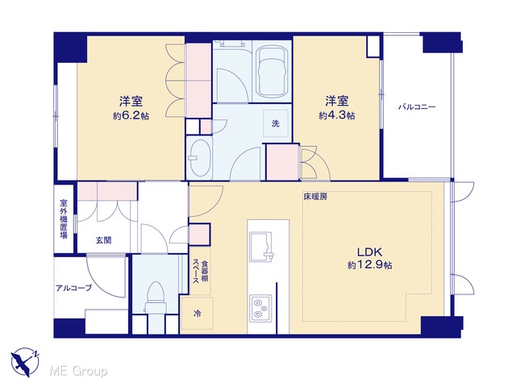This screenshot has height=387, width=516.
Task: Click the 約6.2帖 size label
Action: click(131, 116)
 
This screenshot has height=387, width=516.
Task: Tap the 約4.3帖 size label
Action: click(337, 116)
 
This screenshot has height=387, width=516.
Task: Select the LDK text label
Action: click(369, 252)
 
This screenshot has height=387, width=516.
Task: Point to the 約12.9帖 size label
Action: click(369, 265)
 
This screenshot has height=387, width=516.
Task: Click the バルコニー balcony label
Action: click(417, 107)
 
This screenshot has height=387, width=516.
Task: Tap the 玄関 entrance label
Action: click(103, 240)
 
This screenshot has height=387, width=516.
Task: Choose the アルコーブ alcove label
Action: click(73, 289)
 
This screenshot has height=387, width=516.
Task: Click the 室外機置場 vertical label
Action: click(64, 218)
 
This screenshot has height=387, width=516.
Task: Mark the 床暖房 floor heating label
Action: click(315, 197)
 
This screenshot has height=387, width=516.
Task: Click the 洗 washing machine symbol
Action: click(276, 123)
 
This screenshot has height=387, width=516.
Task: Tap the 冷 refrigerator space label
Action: click(197, 314)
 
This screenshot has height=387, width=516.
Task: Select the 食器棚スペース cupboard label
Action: click(201, 272)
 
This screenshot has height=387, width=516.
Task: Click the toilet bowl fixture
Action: click(154, 298)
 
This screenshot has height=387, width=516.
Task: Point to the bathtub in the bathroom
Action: click(272, 71)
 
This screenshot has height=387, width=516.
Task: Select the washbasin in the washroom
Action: click(199, 159)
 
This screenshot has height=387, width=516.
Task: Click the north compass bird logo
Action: click(25, 362)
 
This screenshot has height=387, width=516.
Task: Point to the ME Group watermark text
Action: click(78, 371)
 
